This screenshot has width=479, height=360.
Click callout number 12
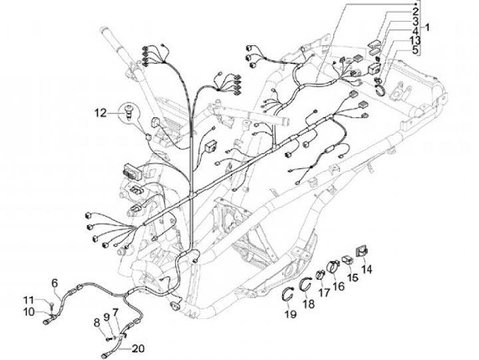[100, 113]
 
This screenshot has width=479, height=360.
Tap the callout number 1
[427, 27]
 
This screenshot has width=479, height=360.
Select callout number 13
[415, 40]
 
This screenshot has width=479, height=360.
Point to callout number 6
[55, 283]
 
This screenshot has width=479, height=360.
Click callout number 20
[138, 349]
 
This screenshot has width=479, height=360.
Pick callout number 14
[367, 270]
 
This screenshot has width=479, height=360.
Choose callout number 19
[291, 313]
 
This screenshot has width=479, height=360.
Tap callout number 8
[97, 323]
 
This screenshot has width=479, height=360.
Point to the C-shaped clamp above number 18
[305, 285]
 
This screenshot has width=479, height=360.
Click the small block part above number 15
[347, 260]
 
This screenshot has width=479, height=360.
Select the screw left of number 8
[108, 339]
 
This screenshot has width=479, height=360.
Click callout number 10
[29, 312]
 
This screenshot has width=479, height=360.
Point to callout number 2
[415, 12]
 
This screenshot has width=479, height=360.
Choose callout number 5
[415, 49]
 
